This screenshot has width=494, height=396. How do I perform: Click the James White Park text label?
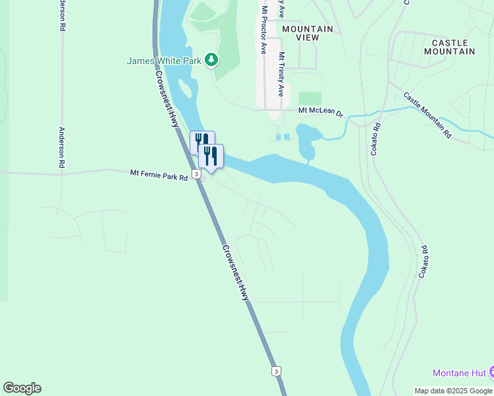(164, 61)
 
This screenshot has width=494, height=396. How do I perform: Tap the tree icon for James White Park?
(211, 61)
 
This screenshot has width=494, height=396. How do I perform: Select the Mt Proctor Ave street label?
(264, 30)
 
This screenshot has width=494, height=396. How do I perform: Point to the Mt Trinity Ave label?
(281, 75)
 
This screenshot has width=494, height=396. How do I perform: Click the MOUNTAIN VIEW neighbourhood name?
(307, 34)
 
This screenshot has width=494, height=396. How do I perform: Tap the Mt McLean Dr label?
(320, 112)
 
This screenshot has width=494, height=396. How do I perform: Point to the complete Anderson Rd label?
(62, 147)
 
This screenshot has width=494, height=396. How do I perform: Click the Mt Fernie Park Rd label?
(159, 174)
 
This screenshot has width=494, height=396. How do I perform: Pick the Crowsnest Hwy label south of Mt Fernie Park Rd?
(235, 273)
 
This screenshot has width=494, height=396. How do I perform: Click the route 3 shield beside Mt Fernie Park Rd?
(196, 174)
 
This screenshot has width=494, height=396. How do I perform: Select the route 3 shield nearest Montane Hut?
(275, 371)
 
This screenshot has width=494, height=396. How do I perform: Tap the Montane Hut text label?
(460, 373)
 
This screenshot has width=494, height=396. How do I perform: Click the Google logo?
(22, 388)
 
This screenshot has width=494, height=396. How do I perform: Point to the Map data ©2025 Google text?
(453, 391)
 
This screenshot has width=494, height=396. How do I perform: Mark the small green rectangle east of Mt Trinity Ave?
(310, 98)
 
